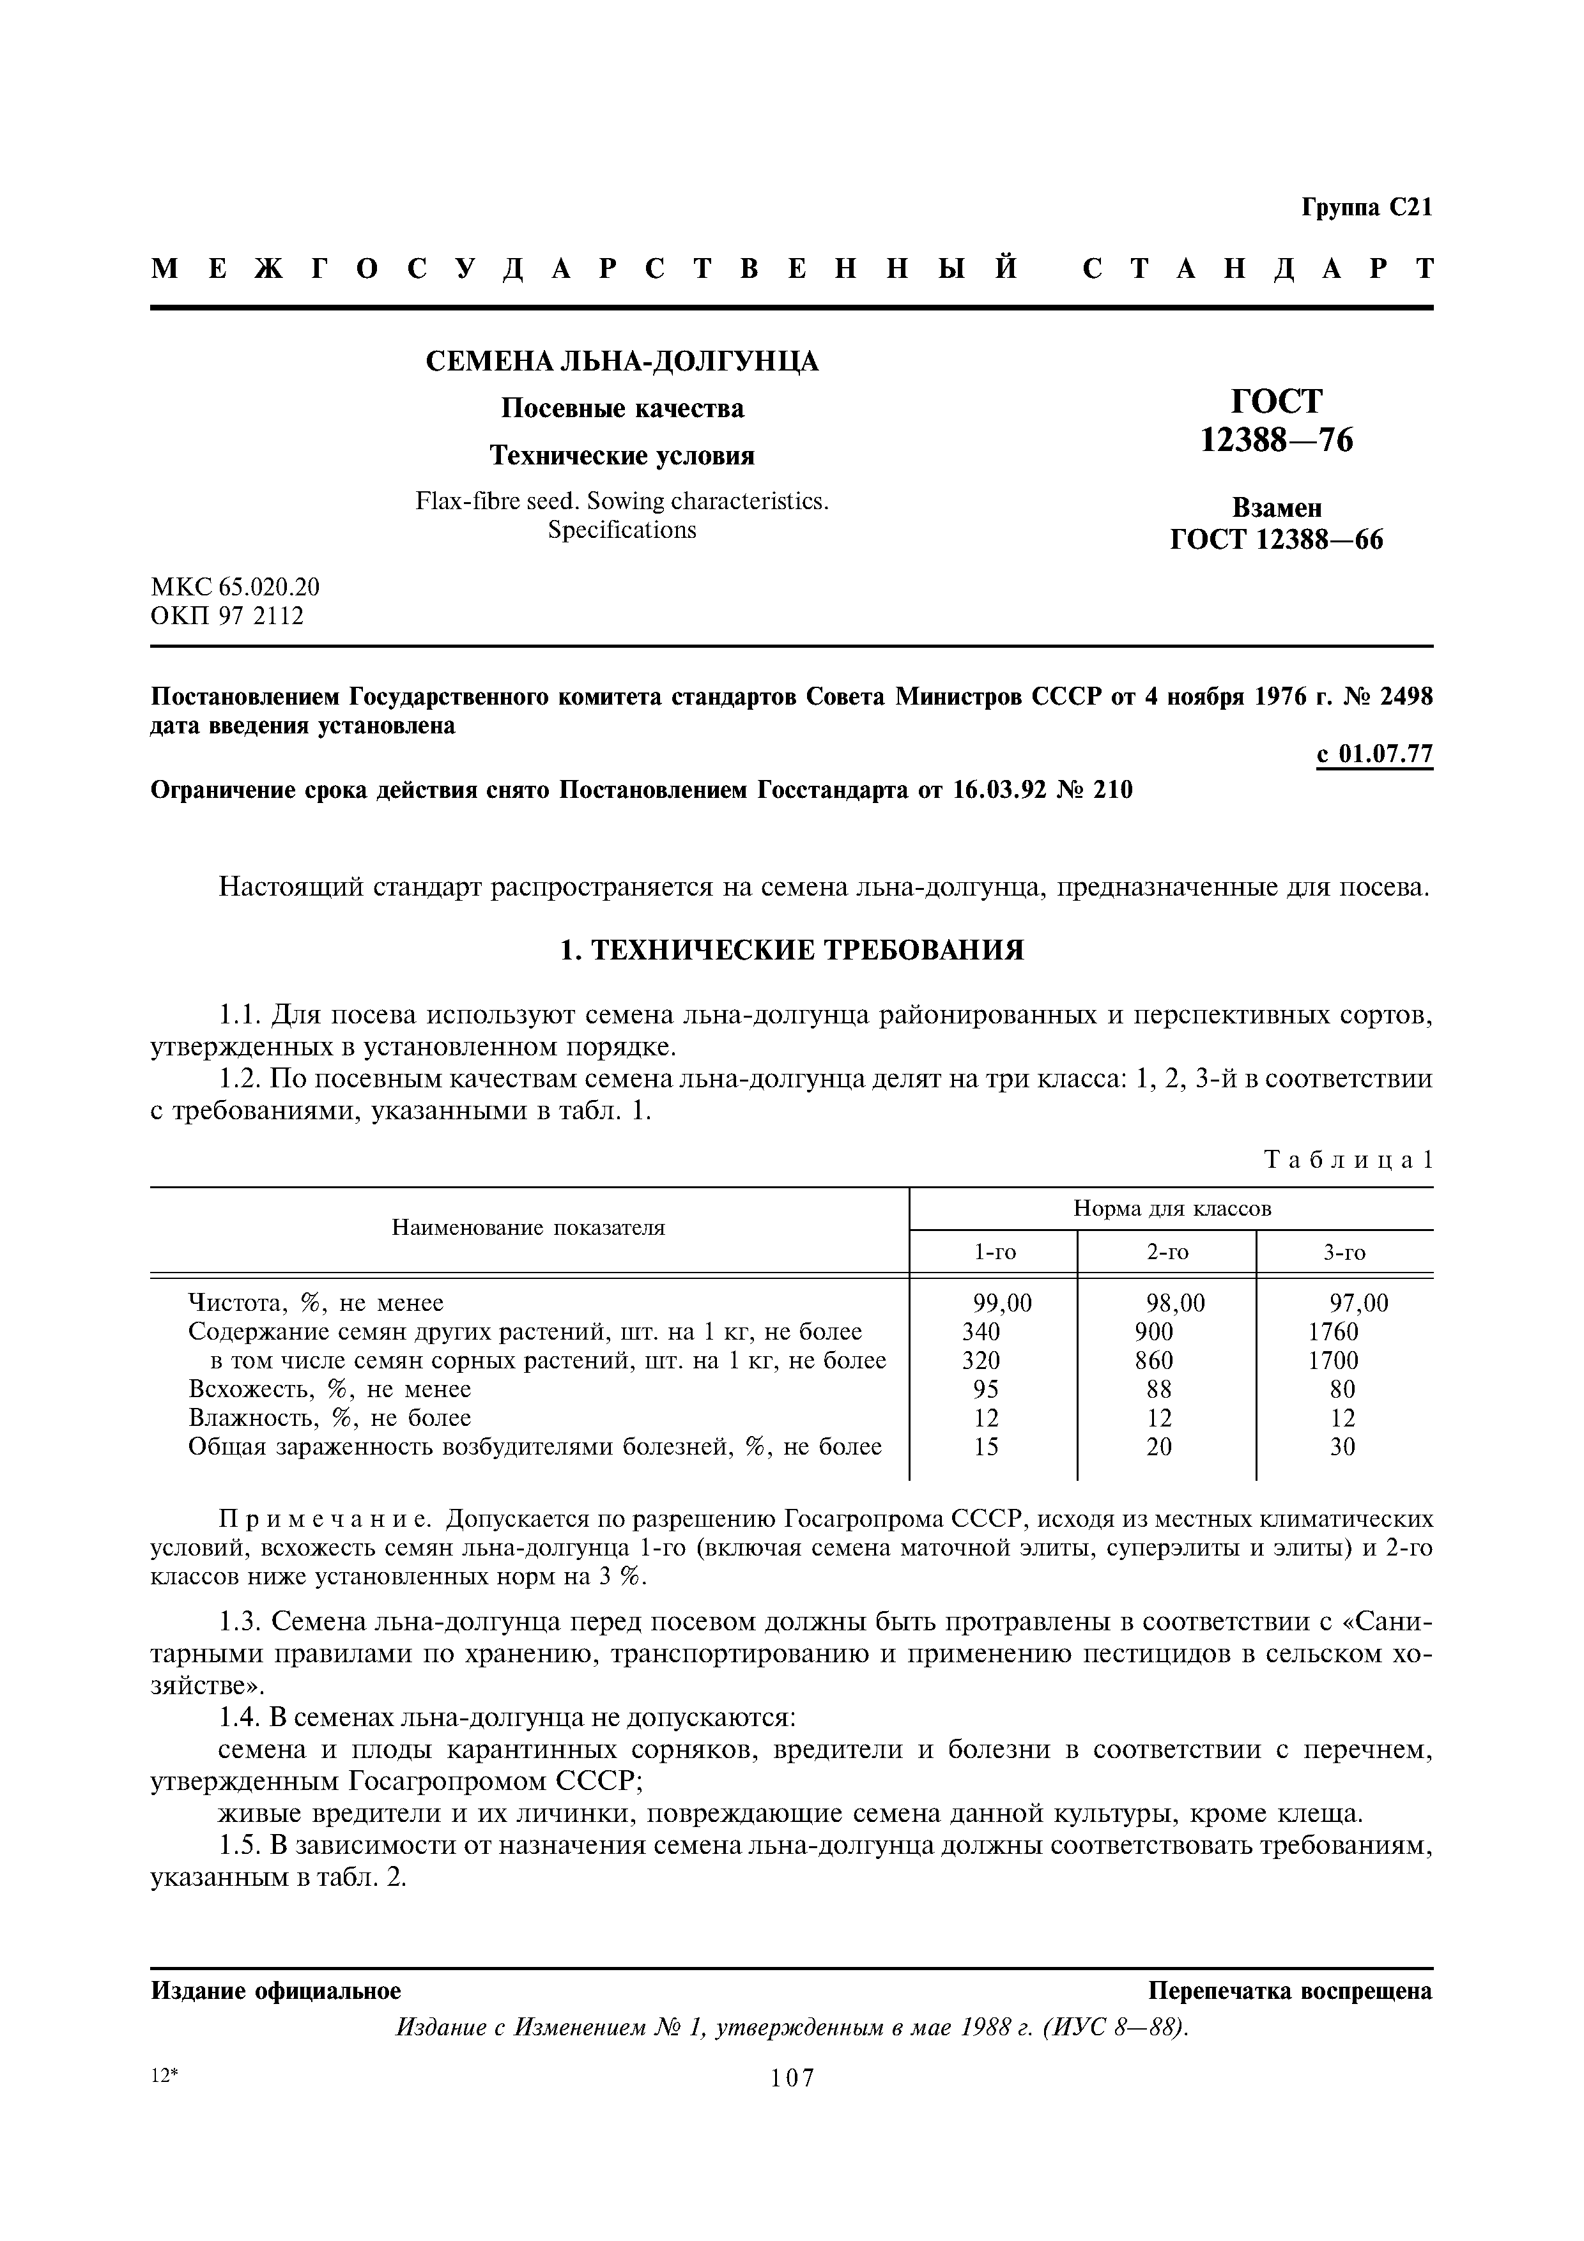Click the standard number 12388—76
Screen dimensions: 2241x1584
pos(1277,441)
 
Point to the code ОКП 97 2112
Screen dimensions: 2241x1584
pos(227,616)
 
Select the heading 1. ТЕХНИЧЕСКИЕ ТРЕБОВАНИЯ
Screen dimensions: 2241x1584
pos(792,950)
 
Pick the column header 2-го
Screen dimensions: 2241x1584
pos(1167,1252)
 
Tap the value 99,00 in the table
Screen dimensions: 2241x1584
pos(1003,1303)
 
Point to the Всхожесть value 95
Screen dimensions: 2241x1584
pos(987,1389)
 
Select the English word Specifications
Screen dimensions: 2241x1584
pos(622,530)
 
